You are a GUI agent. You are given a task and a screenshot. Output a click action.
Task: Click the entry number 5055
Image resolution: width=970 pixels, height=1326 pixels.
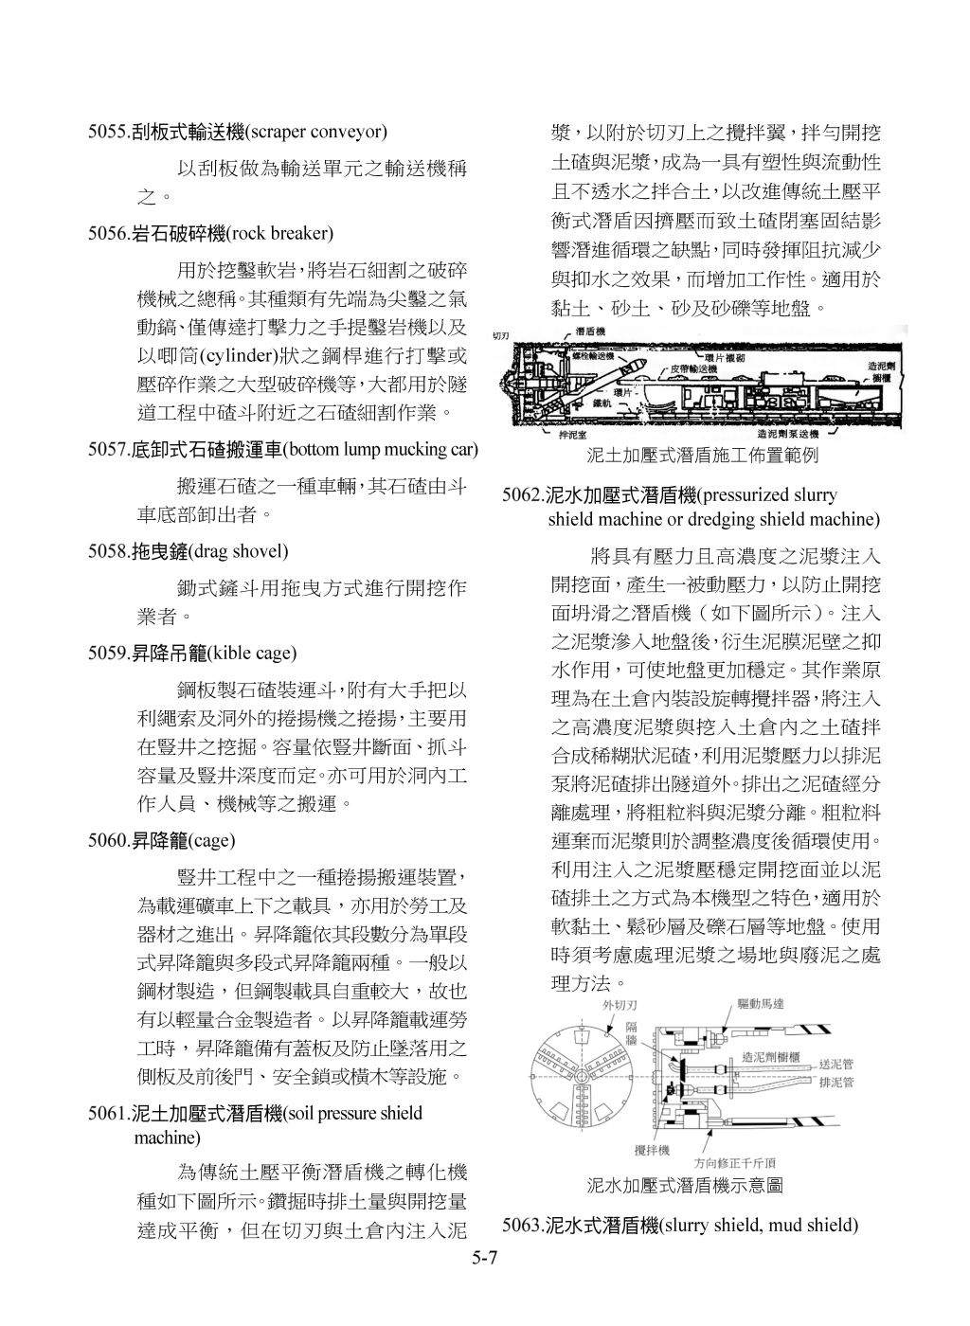click(x=108, y=132)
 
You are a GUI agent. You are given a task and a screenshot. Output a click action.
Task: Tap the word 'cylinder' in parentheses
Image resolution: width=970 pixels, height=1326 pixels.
click(x=236, y=356)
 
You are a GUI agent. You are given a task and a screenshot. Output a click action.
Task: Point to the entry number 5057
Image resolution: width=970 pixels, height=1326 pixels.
click(x=108, y=449)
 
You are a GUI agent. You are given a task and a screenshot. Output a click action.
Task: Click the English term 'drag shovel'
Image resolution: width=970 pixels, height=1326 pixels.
click(x=238, y=551)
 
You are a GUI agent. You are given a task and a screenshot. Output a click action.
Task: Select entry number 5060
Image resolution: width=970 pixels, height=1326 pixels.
click(x=108, y=840)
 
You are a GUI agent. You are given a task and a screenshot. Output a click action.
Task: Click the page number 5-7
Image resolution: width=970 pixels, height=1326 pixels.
click(x=485, y=1258)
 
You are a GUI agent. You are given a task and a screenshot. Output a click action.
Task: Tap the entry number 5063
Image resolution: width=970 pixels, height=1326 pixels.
click(x=522, y=1226)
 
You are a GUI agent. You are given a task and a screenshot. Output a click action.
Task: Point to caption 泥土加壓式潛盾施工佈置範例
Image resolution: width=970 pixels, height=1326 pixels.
click(x=702, y=456)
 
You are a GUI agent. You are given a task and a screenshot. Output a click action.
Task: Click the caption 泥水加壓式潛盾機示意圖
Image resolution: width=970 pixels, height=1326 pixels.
click(x=685, y=1185)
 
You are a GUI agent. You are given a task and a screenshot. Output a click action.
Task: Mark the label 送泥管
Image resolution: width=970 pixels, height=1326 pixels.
click(x=836, y=1064)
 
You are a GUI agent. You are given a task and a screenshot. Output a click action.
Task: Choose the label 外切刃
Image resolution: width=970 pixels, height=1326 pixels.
click(x=620, y=1004)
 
